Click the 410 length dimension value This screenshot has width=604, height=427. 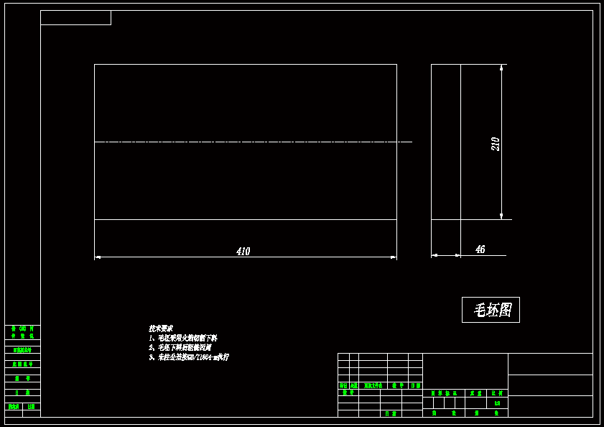[243, 252]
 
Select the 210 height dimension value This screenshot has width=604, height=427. [495, 144]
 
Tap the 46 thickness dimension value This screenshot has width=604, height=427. [480, 249]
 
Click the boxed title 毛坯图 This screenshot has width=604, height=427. [491, 310]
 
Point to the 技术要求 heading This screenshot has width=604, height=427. [160, 329]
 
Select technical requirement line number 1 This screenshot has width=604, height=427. [182, 338]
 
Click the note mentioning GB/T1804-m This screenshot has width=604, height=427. [188, 357]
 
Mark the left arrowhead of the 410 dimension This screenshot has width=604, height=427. [98, 257]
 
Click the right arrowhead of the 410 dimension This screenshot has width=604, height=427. [394, 257]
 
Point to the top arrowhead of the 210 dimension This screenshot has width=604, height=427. [501, 68]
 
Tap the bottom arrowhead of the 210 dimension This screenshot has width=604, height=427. [501, 216]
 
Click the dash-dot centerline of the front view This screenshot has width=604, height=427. [251, 142]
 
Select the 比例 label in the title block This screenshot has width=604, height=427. [496, 393]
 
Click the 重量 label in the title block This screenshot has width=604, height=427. [475, 393]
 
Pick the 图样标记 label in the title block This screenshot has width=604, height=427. [444, 393]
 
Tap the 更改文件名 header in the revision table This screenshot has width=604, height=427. [373, 385]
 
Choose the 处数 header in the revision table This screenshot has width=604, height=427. [354, 385]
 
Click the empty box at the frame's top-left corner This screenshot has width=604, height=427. [75, 18]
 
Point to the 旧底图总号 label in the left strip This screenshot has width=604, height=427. [23, 350]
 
